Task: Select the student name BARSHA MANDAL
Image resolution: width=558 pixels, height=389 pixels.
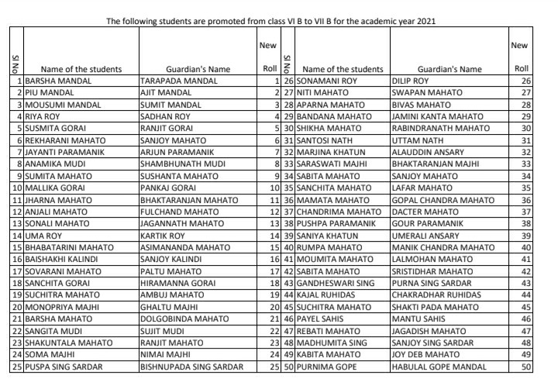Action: point(53,80)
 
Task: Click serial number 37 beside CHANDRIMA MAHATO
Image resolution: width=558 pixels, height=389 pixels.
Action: point(286,212)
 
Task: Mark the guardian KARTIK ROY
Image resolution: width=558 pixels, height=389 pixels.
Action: point(163,235)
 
